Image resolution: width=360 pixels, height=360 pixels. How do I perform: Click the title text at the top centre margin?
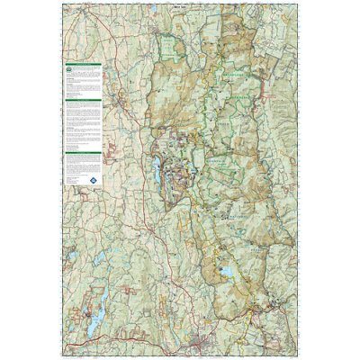[x=179, y=4]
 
